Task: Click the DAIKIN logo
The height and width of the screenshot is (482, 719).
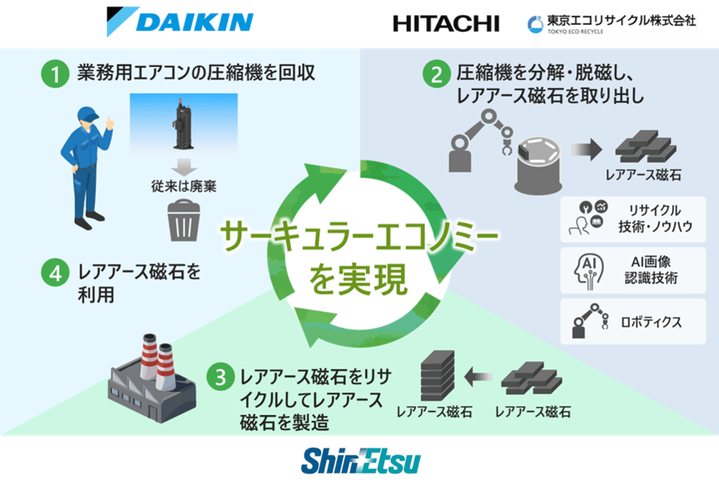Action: [x=180, y=21]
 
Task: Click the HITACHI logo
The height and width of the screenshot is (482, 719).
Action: [x=446, y=24]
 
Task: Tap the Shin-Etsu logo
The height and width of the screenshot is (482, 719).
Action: [x=360, y=461]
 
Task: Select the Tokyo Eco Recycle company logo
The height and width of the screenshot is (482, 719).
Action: [x=612, y=24]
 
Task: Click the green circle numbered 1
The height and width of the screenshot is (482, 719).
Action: [x=55, y=74]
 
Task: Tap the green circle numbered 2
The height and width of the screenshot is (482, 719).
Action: [x=436, y=74]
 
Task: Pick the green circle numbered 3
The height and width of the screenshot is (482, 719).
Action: [x=220, y=377]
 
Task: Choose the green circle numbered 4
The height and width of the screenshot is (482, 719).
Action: [x=55, y=273]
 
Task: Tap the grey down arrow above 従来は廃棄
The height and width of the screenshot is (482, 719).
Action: [x=184, y=167]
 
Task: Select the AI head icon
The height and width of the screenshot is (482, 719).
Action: [x=589, y=271]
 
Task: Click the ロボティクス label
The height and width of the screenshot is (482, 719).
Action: [x=651, y=322]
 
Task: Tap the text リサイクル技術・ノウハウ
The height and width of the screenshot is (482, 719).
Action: [x=655, y=218]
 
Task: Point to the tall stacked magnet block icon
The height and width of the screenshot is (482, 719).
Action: [x=438, y=376]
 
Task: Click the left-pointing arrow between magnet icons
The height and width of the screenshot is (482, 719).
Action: [x=478, y=377]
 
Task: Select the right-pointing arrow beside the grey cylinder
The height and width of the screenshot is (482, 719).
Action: [x=586, y=149]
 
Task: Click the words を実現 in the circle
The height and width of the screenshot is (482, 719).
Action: [x=358, y=279]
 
